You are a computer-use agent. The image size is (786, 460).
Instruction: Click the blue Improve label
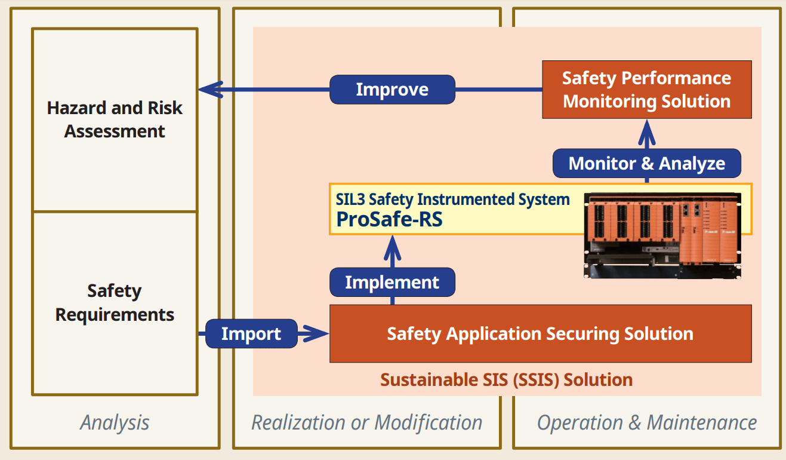[x=392, y=90]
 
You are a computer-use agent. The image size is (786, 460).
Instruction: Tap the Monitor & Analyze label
[x=647, y=164]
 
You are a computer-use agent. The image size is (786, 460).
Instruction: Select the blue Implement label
[x=392, y=283]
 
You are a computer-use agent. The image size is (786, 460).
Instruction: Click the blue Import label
[x=251, y=333]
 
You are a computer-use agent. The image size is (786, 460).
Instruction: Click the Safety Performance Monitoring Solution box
[x=646, y=90]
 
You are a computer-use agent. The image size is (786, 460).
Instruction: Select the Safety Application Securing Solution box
[x=540, y=333]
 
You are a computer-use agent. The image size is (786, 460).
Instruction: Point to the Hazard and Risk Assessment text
[x=115, y=119]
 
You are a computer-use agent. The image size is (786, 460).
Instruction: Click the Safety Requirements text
[x=115, y=303]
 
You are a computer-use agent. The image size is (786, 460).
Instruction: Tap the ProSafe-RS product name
[x=390, y=219]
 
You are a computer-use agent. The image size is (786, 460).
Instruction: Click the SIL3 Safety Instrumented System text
[x=452, y=199]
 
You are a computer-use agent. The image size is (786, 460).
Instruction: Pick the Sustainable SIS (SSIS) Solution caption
[x=507, y=379]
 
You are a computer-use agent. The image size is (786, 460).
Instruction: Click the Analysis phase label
[x=115, y=423]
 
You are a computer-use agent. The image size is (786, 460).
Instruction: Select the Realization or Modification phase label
[x=366, y=423]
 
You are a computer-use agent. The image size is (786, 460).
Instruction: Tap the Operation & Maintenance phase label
[x=647, y=423]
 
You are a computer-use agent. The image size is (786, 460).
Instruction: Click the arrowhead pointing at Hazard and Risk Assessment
[x=209, y=90]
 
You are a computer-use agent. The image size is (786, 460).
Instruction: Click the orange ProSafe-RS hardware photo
[x=662, y=234]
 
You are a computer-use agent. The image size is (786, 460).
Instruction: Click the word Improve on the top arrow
[x=392, y=90]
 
